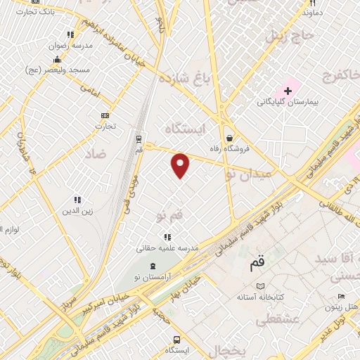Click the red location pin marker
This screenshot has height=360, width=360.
click(181, 165)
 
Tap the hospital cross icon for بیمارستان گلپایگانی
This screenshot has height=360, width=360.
click(288, 91)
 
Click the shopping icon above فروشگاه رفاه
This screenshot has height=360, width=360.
click(229, 138)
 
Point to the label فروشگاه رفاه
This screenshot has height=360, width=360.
click(229, 148)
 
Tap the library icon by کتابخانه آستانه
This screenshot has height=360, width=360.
click(260, 287)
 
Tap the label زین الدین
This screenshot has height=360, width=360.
click(77, 210)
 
